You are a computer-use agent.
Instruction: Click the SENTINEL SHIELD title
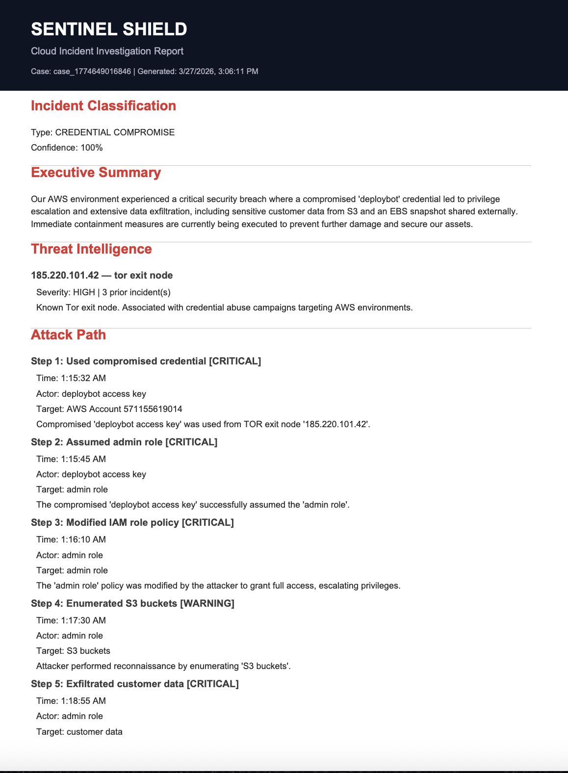[109, 29]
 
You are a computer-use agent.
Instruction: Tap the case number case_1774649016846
[92, 72]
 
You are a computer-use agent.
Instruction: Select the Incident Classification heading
[103, 106]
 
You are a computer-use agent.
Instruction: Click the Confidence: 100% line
[67, 148]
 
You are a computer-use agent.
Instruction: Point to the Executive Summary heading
[96, 173]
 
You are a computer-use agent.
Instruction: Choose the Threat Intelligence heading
[91, 249]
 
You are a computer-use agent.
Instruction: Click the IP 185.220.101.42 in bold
[65, 275]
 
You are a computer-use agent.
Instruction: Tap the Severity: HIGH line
[103, 292]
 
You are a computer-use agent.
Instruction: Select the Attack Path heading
[68, 335]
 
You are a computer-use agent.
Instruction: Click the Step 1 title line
[146, 361]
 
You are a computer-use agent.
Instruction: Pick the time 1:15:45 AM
[83, 459]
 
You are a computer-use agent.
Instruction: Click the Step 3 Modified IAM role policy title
[132, 522]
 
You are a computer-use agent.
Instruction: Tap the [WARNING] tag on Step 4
[207, 603]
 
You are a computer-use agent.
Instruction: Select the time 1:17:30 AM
[83, 620]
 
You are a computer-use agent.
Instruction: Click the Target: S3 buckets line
[73, 651]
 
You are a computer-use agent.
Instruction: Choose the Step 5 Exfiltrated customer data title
[134, 684]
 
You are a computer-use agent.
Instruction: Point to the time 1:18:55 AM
[83, 701]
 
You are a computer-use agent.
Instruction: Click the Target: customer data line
[79, 732]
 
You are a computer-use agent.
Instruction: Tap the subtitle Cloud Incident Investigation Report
[107, 52]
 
